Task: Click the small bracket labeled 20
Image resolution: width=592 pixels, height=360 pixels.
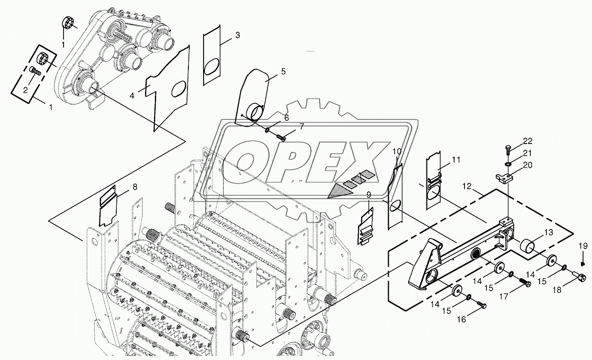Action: click(x=504, y=178)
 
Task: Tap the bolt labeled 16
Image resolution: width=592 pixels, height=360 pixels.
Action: click(x=482, y=305)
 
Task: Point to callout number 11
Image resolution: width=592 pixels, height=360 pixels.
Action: click(x=456, y=160)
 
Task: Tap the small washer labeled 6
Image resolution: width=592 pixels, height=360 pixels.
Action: click(x=267, y=130)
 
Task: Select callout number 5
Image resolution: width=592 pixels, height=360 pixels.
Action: click(x=283, y=72)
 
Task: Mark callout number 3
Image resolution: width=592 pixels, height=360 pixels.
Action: click(x=237, y=35)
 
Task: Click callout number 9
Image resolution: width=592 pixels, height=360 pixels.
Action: click(x=369, y=195)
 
